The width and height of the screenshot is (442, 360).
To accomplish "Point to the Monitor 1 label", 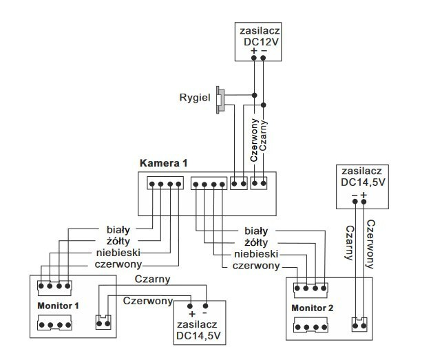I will [59, 304].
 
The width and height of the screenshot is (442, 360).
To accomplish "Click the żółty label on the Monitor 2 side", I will [256, 242].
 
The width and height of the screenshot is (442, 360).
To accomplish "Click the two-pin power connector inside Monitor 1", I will [105, 321].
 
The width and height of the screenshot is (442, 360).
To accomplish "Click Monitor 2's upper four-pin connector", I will [311, 288].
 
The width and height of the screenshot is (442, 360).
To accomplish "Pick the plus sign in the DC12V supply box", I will [254, 51].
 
